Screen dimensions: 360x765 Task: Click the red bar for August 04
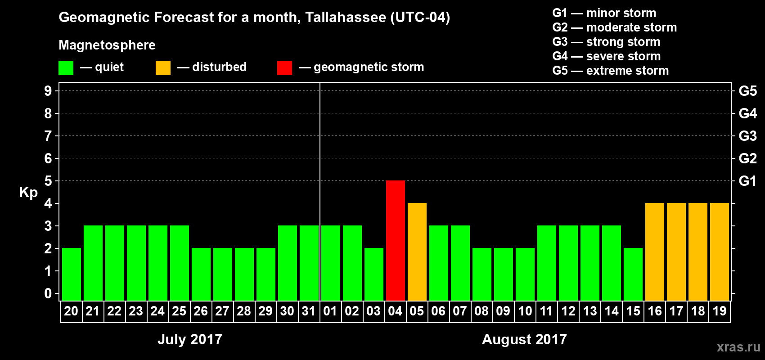[x=395, y=240]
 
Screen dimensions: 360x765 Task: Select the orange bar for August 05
[x=417, y=252]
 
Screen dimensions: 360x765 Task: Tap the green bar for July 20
[x=71, y=274]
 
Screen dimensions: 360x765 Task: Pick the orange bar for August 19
[x=719, y=252]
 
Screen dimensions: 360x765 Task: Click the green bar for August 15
[x=633, y=274]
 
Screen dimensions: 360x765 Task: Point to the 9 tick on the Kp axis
[x=48, y=91]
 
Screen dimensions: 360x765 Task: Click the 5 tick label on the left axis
[x=48, y=181]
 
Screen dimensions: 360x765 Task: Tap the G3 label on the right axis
[x=747, y=136]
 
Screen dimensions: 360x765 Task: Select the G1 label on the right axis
[x=747, y=181]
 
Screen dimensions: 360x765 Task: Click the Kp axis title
[x=28, y=193]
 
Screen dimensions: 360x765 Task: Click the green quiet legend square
[x=66, y=68]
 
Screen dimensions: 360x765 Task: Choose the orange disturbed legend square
[x=163, y=68]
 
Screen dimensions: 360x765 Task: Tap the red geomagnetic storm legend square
[x=284, y=68]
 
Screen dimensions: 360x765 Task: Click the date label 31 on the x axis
[x=309, y=311]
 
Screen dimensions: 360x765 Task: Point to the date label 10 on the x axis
[x=525, y=311]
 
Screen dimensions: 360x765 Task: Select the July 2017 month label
[x=189, y=339]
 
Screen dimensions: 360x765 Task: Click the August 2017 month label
[x=524, y=339]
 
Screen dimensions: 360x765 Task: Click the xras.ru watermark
[x=738, y=347]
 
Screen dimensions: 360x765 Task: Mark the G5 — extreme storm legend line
[x=610, y=71]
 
